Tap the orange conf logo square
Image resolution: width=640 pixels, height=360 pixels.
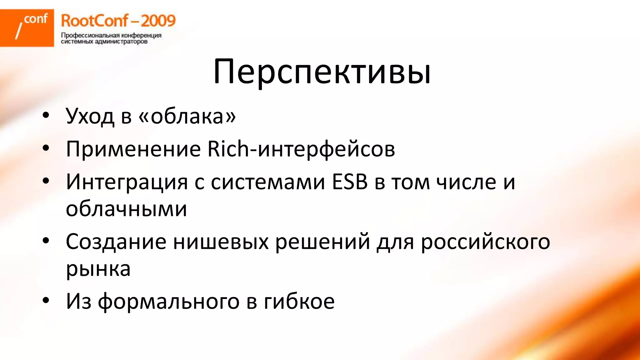(27, 28)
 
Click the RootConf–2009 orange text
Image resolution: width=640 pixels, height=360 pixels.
(118, 21)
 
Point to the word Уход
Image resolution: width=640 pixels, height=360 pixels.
(90, 116)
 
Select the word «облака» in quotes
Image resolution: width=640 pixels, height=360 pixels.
(187, 116)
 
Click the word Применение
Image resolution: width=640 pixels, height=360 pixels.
(133, 149)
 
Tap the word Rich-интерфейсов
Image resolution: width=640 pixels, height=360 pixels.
(301, 149)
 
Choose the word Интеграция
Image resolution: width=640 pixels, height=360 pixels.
(127, 182)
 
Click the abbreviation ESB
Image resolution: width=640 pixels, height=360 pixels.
(350, 182)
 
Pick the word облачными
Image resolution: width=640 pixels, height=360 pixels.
(126, 208)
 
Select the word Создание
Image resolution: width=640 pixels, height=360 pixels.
(116, 242)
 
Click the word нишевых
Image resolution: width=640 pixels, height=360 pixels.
(221, 242)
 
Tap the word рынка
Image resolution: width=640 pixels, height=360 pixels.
(98, 269)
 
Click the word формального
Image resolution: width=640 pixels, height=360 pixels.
(169, 301)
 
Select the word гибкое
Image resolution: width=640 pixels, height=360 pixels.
(299, 301)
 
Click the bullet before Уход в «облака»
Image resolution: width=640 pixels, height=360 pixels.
(46, 115)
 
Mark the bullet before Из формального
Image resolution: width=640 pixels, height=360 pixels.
(46, 300)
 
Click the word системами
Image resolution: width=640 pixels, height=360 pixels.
(268, 182)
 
